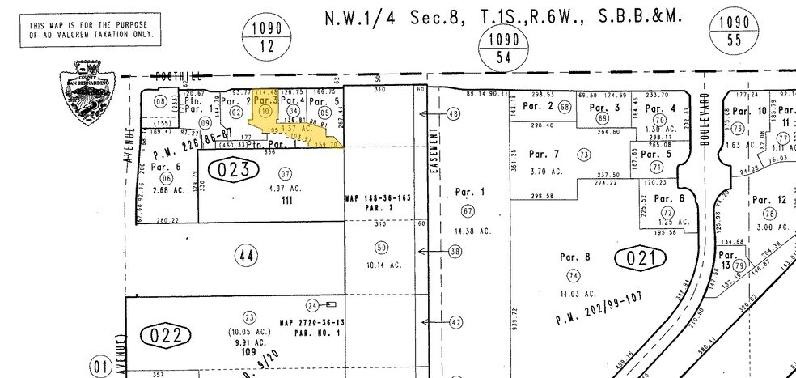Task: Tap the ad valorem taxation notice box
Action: tap(90, 33)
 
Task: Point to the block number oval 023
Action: tap(235, 169)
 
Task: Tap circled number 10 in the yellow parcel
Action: tap(265, 111)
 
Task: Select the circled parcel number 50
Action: tap(382, 247)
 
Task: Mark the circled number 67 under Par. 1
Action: tap(467, 211)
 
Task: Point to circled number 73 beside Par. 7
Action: tap(582, 154)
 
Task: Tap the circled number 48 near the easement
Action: tap(452, 114)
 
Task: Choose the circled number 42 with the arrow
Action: tap(455, 322)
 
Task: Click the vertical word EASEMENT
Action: tap(434, 153)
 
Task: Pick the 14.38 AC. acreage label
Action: tap(473, 231)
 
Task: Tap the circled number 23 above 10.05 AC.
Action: tap(250, 317)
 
